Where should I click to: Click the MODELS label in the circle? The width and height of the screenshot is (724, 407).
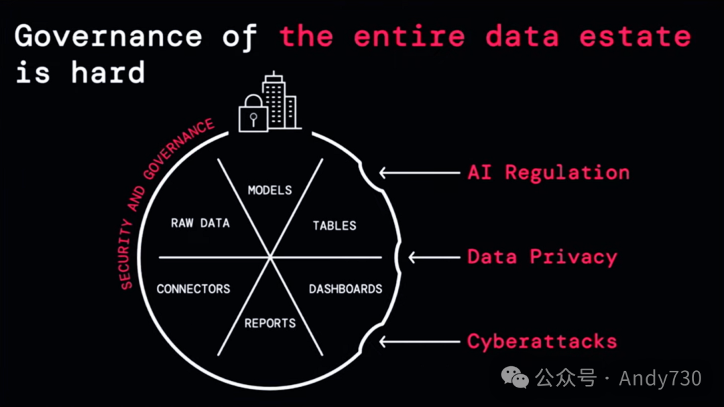pos(269,190)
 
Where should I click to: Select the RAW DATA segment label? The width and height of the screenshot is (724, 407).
pos(200,223)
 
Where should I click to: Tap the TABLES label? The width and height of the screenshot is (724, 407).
pos(334,225)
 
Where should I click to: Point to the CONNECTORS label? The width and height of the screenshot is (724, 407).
pos(193,289)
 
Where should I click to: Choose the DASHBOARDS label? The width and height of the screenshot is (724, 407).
pos(345,289)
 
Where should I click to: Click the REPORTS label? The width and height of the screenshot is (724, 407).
pos(269,323)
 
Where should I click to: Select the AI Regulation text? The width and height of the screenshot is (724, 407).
pos(548,172)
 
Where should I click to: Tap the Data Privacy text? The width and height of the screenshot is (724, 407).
pos(542,257)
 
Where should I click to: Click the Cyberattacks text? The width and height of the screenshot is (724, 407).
pos(542,341)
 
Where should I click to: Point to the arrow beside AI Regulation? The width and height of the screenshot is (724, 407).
pos(419,172)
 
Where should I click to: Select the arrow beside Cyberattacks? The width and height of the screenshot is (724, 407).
pos(419,341)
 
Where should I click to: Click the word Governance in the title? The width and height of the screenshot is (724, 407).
pos(108,36)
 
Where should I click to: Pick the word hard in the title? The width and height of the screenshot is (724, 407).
pos(108,72)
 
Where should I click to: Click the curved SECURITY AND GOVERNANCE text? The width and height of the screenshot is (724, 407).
pos(161,201)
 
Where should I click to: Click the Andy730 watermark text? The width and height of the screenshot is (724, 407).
pos(660,378)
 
